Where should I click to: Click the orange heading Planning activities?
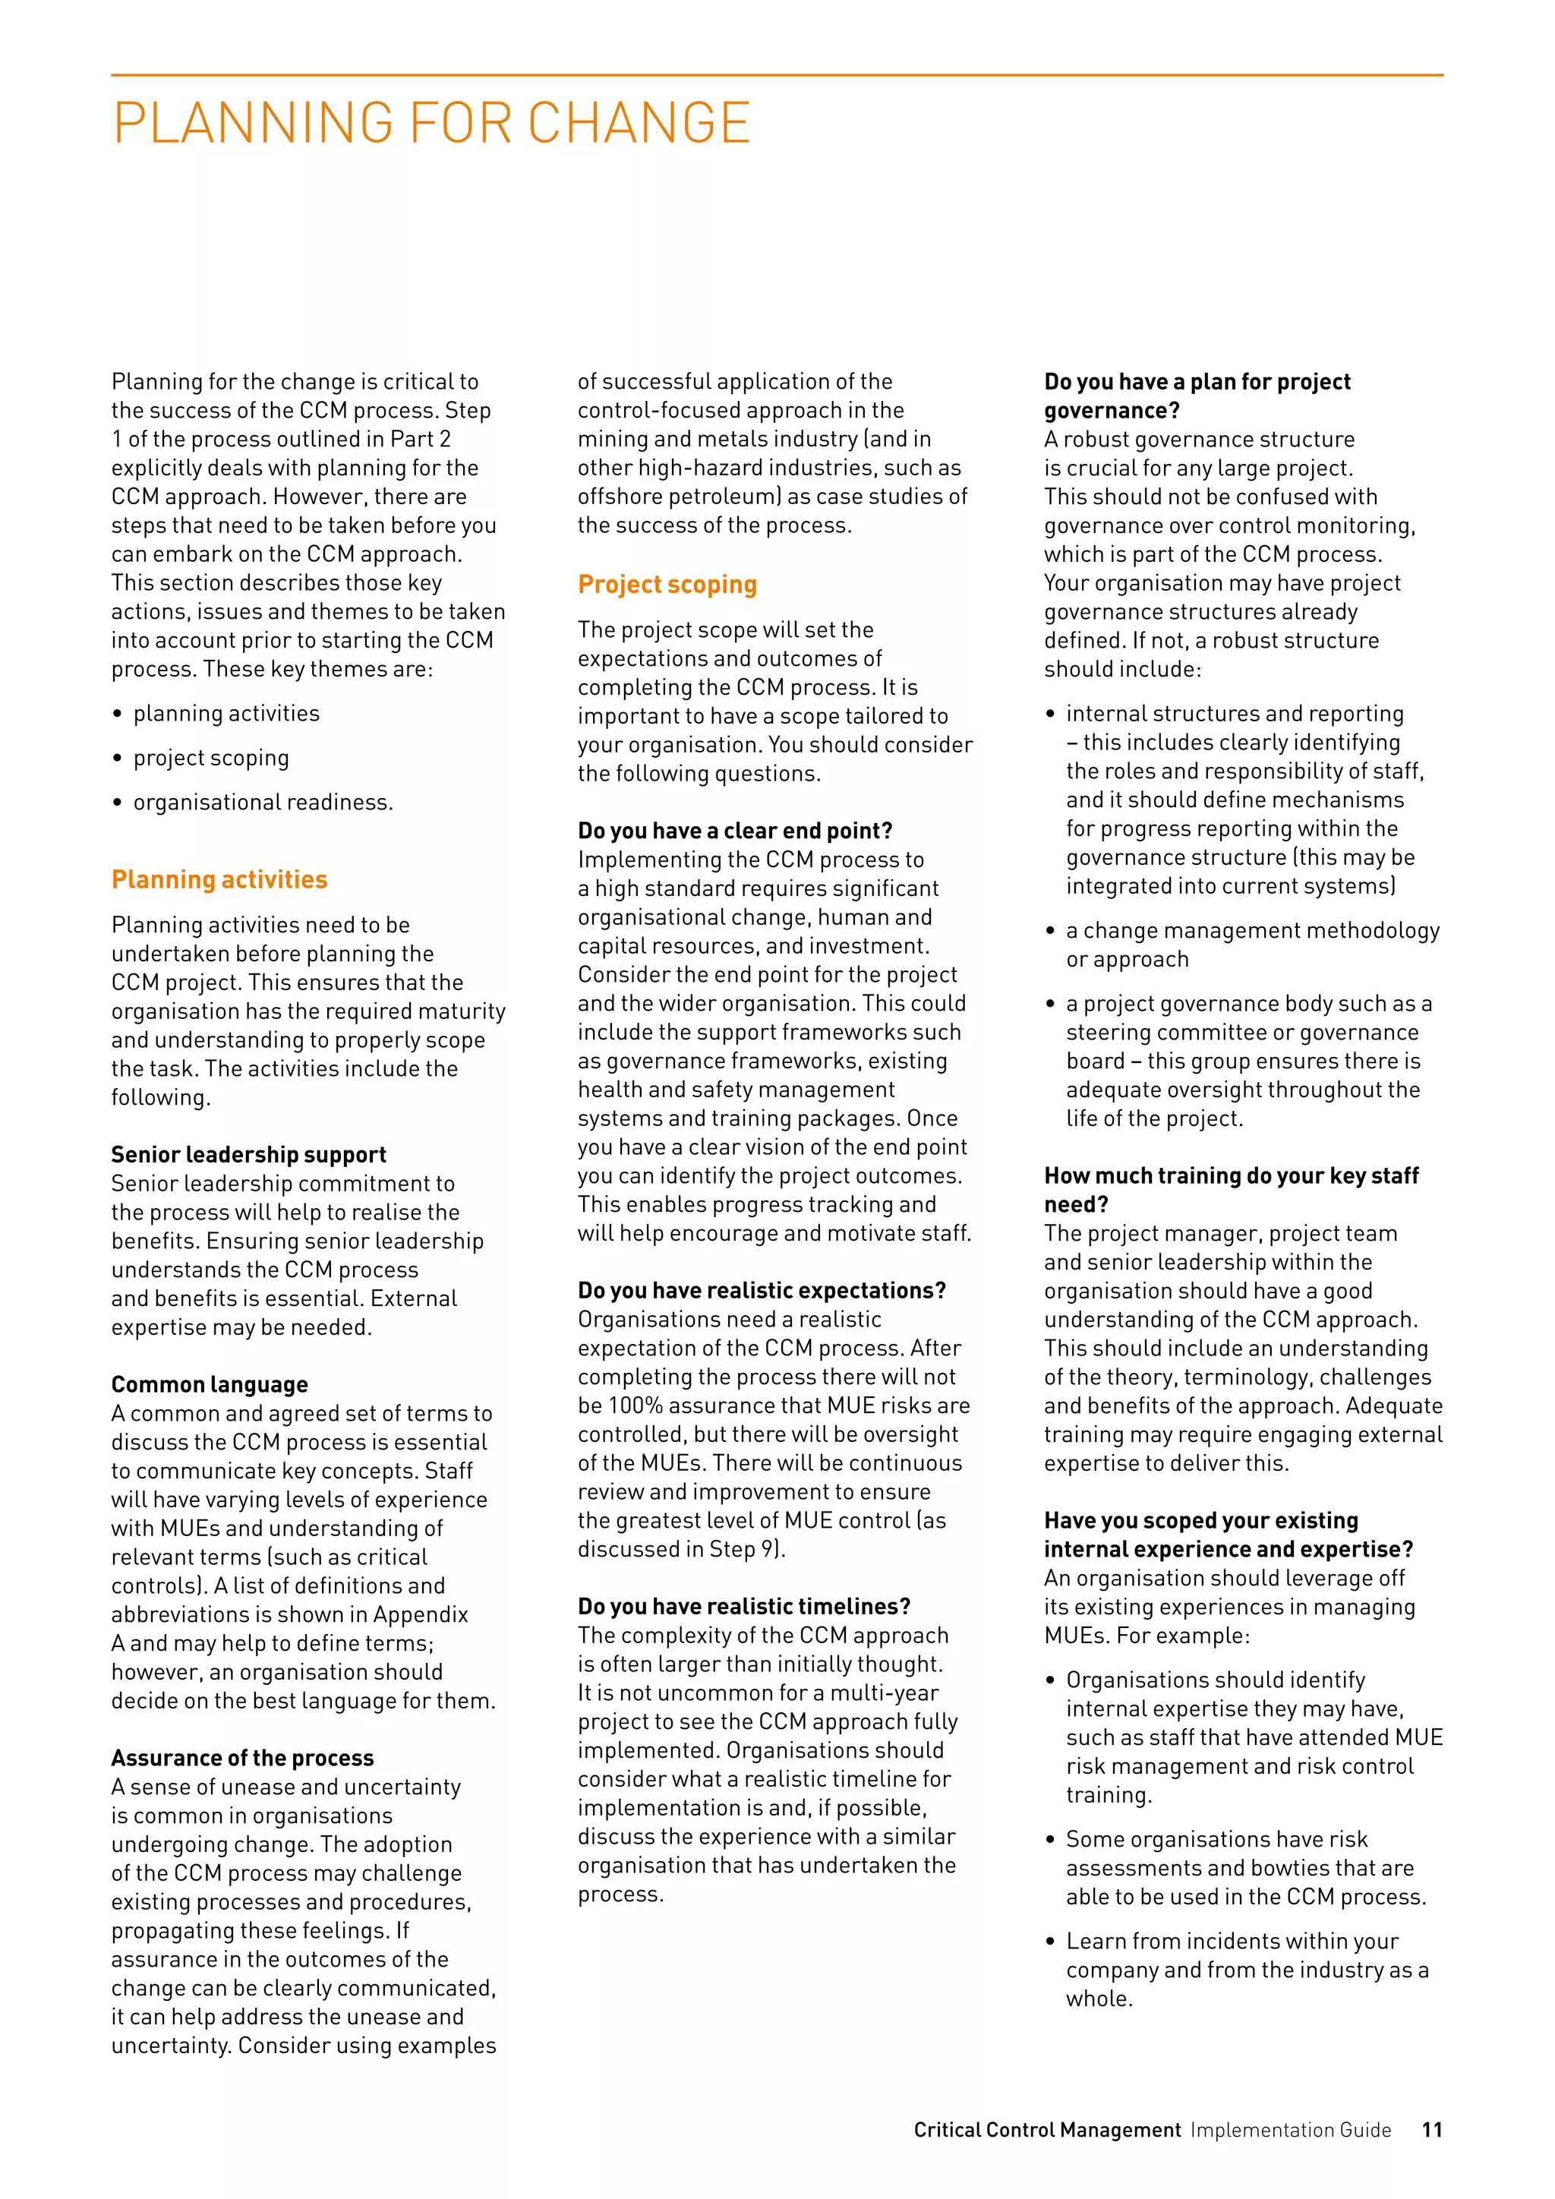point(219,879)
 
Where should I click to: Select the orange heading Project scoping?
point(667,584)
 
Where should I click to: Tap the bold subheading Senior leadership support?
point(248,1154)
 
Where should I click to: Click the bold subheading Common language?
point(209,1384)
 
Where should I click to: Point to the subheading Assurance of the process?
point(242,1758)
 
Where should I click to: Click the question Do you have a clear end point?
point(734,831)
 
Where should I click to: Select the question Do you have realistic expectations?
point(762,1290)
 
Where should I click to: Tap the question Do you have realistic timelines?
point(743,1606)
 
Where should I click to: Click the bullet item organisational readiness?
point(263,802)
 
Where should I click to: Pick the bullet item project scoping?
point(210,758)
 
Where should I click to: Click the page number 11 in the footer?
point(1431,2129)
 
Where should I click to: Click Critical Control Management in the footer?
point(1046,2129)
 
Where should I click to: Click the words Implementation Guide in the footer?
point(1291,2129)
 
